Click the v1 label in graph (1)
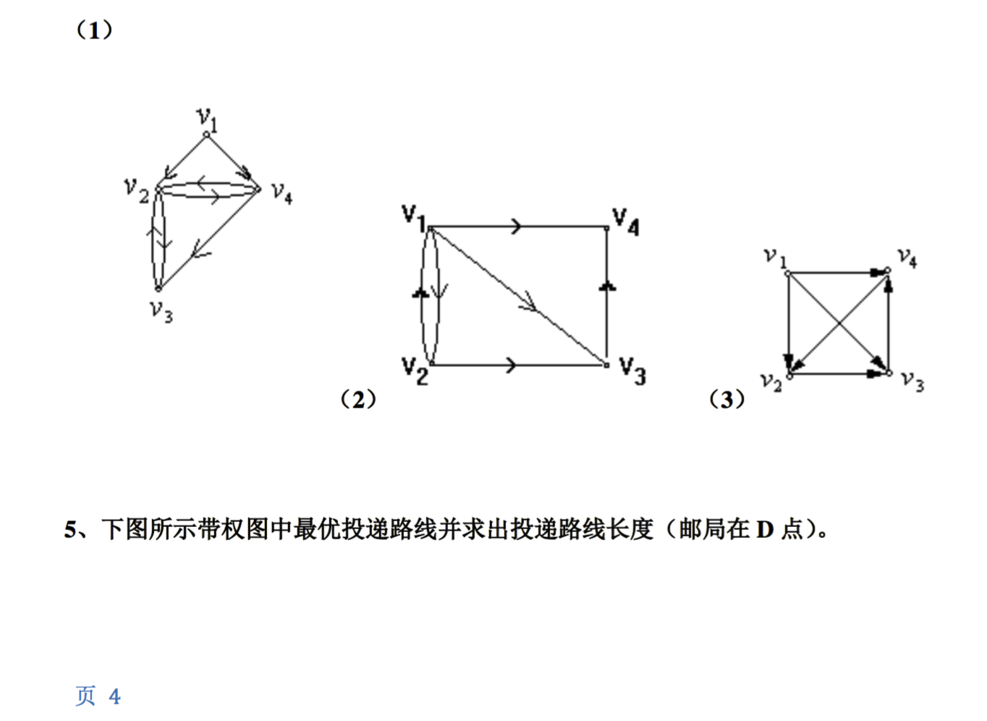pyautogui.click(x=207, y=118)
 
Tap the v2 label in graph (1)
pyautogui.click(x=136, y=190)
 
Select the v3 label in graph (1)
pyautogui.click(x=161, y=311)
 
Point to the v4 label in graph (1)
pyautogui.click(x=281, y=193)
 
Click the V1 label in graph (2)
pyautogui.click(x=413, y=216)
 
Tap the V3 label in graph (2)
pyautogui.click(x=632, y=371)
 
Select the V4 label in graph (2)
pyautogui.click(x=625, y=221)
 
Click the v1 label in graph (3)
pyautogui.click(x=774, y=257)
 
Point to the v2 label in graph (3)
pyautogui.click(x=771, y=381)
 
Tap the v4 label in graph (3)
pyautogui.click(x=907, y=257)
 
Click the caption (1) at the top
pyautogui.click(x=95, y=30)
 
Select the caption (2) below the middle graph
pyautogui.click(x=358, y=399)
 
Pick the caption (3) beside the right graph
pyautogui.click(x=727, y=399)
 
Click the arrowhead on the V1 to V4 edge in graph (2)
pyautogui.click(x=517, y=227)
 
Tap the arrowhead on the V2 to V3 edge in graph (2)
pyautogui.click(x=512, y=365)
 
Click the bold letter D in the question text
pyautogui.click(x=765, y=530)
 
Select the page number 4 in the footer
pyautogui.click(x=114, y=696)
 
